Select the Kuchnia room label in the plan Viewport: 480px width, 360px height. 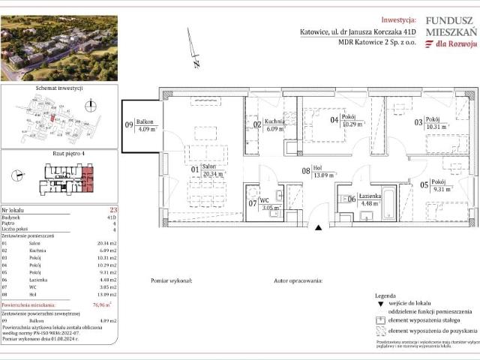tap(274, 122)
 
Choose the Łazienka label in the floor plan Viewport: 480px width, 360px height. tap(368, 197)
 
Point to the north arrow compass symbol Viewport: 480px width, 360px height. tap(193, 49)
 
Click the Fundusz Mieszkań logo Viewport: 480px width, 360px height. tap(450, 34)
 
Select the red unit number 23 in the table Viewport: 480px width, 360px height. tap(113, 211)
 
